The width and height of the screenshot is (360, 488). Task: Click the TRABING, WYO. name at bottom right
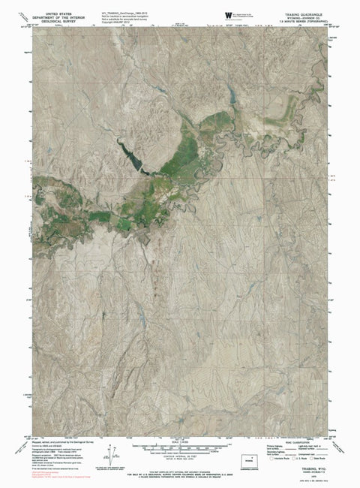click(310, 468)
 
